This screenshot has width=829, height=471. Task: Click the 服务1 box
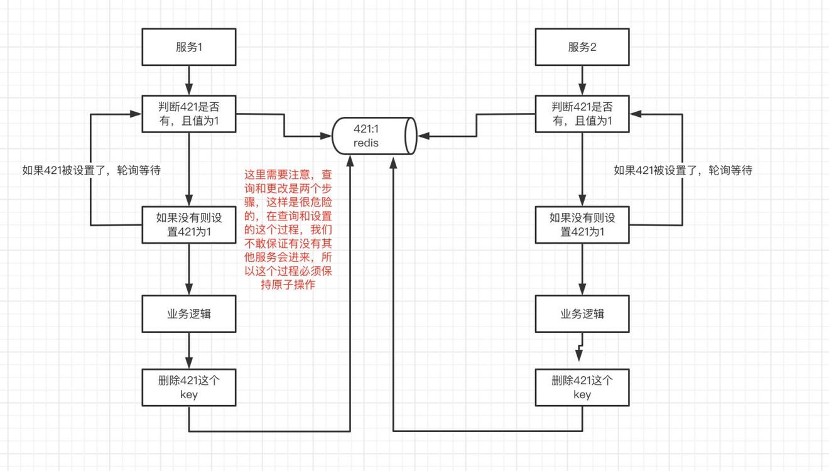(189, 47)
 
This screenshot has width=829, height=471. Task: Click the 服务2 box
(582, 47)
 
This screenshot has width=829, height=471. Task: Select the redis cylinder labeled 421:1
(374, 136)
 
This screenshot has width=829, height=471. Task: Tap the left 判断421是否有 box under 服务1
(189, 114)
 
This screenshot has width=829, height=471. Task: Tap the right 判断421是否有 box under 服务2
(582, 114)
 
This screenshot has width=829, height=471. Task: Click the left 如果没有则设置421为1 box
(189, 225)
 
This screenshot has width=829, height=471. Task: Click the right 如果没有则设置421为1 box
(582, 225)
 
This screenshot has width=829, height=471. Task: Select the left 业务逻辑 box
(189, 314)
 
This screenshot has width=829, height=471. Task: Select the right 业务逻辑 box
(582, 314)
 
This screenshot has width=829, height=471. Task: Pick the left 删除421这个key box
(189, 387)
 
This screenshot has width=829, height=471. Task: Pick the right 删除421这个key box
(582, 387)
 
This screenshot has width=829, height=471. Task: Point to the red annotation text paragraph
(288, 229)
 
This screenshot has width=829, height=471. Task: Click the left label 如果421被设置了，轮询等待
(92, 170)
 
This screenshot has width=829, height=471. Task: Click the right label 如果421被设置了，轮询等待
(683, 170)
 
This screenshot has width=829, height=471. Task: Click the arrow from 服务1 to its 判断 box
(189, 80)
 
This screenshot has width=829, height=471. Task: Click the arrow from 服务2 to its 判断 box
(582, 80)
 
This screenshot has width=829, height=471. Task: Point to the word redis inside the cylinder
(366, 143)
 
